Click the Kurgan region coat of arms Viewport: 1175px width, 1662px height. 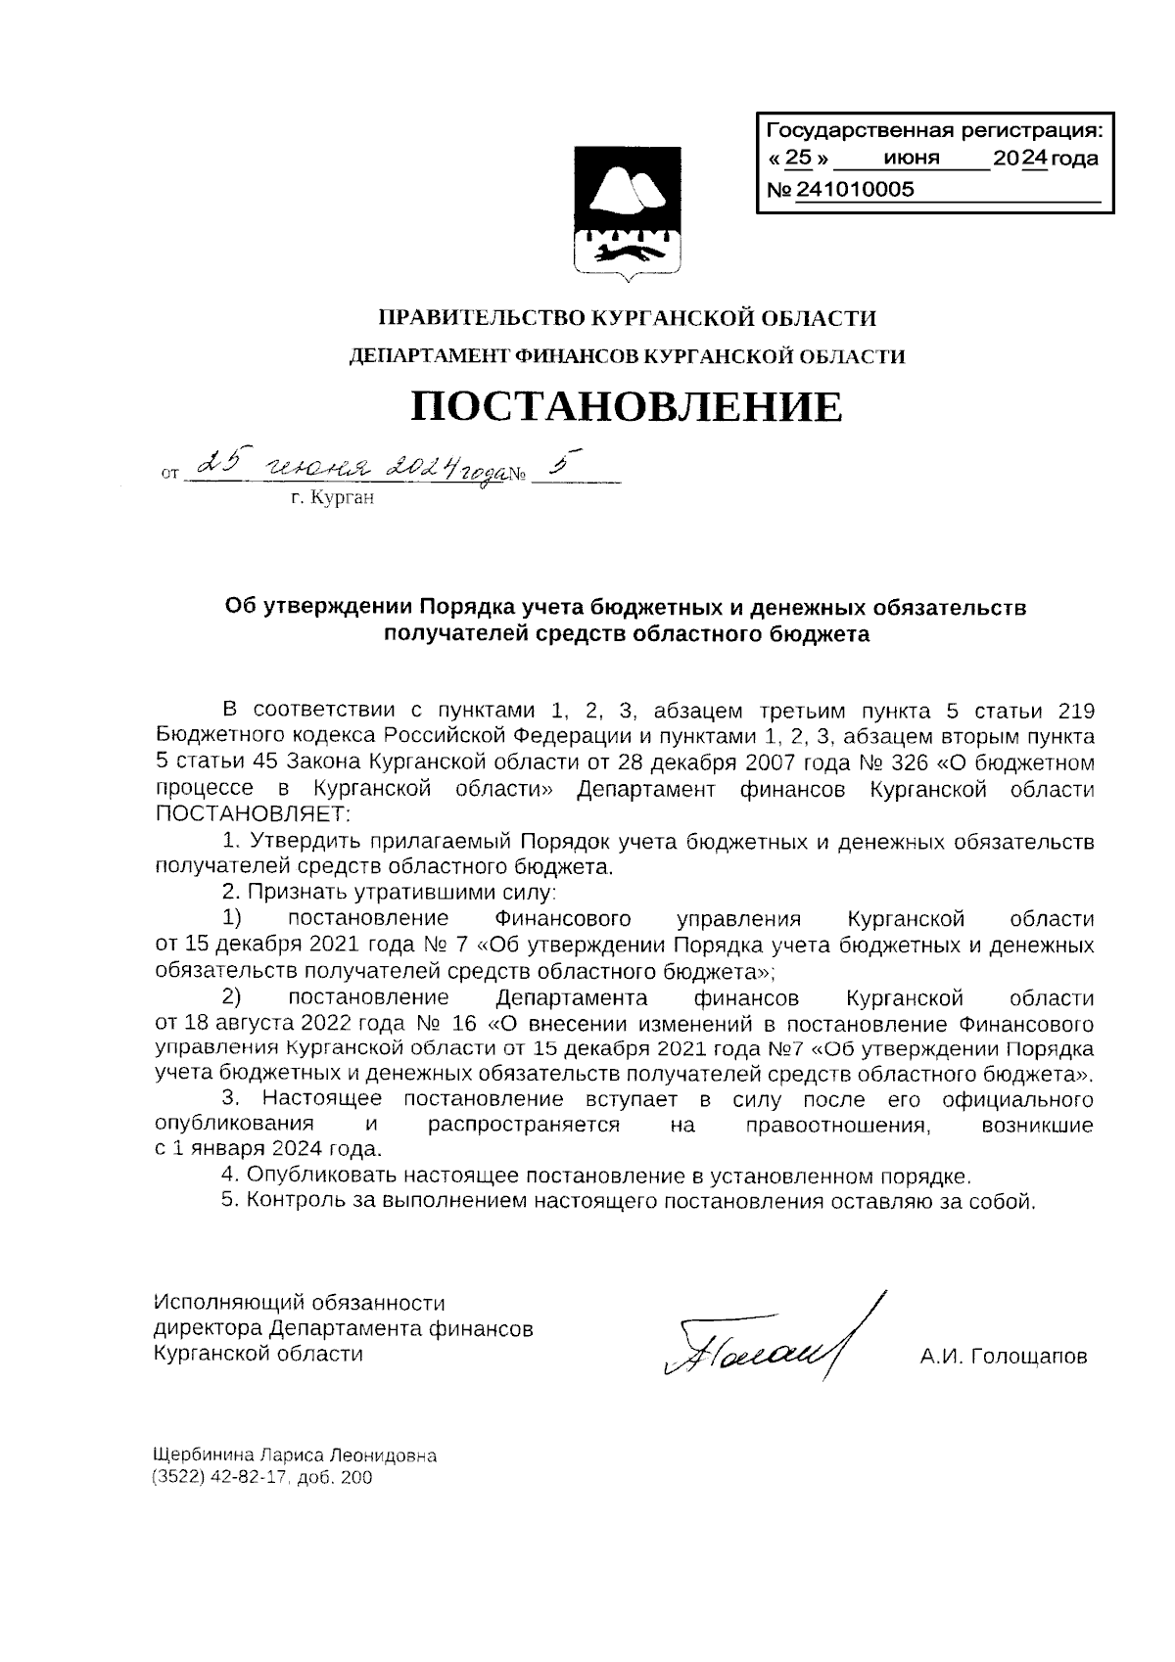coord(627,210)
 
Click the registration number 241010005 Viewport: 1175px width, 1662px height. coord(855,190)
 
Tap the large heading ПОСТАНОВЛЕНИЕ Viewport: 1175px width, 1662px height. coord(626,405)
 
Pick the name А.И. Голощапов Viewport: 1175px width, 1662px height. coord(1003,1358)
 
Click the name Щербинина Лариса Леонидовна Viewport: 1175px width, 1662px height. coord(295,1454)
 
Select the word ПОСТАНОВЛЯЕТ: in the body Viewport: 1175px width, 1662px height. coord(253,814)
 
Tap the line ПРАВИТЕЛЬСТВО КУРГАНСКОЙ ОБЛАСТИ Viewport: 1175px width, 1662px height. coord(627,318)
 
